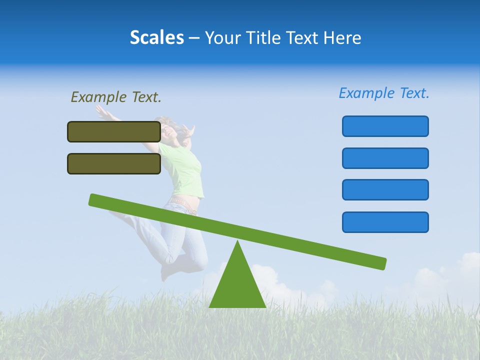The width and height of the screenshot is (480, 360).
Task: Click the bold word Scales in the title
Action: tap(156, 37)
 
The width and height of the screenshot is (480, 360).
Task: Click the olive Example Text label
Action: tap(116, 97)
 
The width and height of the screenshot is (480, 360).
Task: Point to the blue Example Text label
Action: tap(384, 93)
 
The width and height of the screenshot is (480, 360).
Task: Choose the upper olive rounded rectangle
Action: tap(114, 131)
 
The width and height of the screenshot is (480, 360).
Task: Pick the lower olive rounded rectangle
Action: tap(114, 163)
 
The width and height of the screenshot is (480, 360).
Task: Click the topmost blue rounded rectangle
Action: tap(385, 126)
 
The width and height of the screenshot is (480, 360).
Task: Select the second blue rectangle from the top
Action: tap(385, 158)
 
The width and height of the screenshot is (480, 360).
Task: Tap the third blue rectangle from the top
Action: tap(385, 189)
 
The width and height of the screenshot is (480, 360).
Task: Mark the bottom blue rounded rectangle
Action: tap(385, 222)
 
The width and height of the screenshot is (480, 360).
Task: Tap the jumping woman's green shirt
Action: tap(187, 170)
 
